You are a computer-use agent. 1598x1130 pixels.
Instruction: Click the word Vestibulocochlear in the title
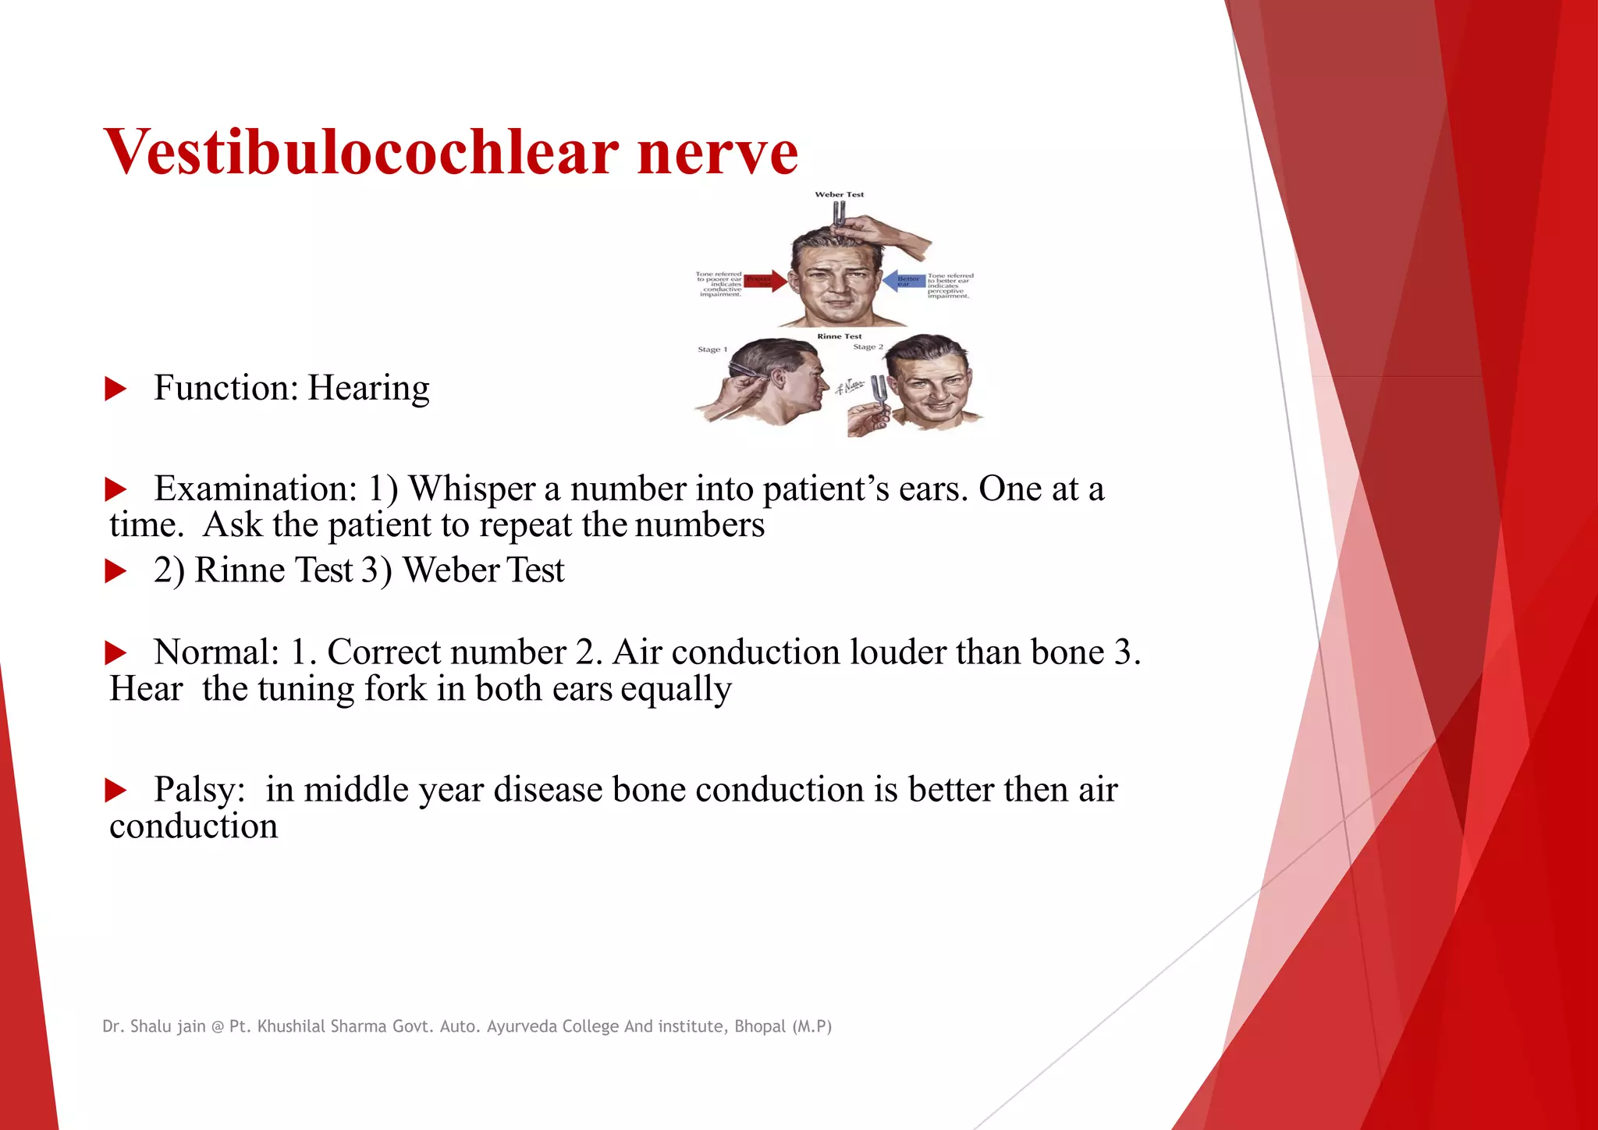361,152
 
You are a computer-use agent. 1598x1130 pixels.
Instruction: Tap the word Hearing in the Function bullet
368,388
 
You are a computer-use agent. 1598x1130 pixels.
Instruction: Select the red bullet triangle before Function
115,389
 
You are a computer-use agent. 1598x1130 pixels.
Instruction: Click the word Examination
255,489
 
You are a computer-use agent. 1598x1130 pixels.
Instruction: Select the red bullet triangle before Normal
115,652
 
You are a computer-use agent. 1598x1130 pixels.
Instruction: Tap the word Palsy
199,789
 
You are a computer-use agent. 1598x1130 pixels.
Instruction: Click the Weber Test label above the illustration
839,194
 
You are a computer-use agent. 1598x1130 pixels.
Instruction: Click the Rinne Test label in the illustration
840,336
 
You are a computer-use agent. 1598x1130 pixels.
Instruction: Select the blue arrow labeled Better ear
904,280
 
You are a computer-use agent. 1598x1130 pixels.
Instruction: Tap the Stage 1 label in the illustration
712,350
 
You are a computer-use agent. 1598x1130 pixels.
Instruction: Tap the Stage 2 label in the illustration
868,346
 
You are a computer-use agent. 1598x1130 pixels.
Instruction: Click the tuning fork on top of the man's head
839,214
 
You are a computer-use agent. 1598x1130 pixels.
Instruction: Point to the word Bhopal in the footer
759,1026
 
